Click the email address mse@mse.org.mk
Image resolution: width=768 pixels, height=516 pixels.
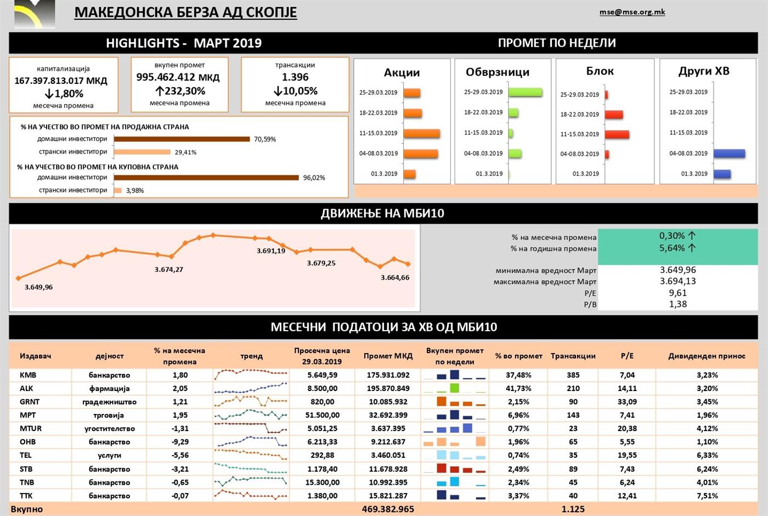click(632, 12)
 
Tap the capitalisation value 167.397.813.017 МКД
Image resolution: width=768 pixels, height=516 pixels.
click(61, 81)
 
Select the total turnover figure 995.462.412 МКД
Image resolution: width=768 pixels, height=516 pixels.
click(178, 77)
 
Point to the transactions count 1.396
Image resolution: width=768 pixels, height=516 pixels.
click(295, 77)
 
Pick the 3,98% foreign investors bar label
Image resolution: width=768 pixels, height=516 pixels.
click(135, 191)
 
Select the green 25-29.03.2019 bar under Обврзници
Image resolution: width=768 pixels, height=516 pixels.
click(525, 92)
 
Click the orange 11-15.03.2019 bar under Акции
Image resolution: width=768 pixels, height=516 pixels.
click(421, 133)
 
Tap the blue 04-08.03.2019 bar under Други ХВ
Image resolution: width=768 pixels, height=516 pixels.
click(729, 154)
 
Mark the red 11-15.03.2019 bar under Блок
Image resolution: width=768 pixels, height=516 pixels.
click(617, 134)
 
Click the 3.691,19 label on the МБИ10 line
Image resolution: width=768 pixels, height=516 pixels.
click(271, 251)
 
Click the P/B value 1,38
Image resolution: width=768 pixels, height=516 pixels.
click(678, 304)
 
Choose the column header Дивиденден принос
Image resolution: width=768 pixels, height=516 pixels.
click(707, 356)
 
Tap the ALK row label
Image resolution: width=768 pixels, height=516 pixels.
click(26, 388)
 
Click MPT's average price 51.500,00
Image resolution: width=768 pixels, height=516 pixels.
click(322, 415)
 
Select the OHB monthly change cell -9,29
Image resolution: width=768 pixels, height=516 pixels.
click(180, 442)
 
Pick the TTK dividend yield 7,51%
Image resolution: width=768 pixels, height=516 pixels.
click(707, 496)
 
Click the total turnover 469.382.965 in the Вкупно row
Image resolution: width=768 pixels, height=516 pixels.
click(388, 509)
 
